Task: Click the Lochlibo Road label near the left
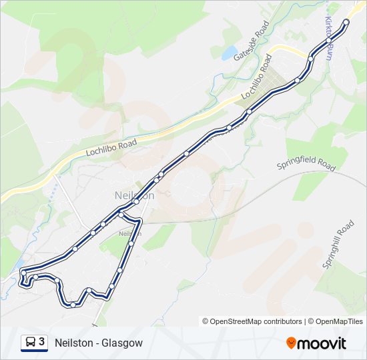coord(111,148)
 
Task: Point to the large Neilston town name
coord(130,196)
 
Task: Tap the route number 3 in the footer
coord(42,342)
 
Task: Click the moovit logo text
coord(322,343)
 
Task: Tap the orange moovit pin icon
coord(291,343)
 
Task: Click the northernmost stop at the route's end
coord(346,22)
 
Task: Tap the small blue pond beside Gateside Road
coord(228,52)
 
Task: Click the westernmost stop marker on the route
coord(23,272)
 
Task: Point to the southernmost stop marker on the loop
coord(72,305)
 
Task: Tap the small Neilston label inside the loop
coord(127,234)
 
